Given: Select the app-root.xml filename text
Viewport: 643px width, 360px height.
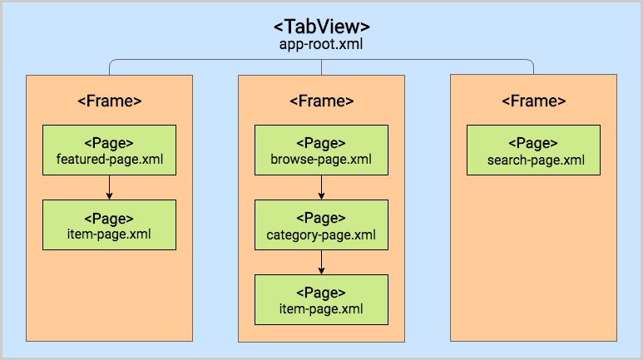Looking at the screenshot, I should tap(322, 45).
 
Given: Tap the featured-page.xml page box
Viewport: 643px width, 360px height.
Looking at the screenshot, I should tap(109, 150).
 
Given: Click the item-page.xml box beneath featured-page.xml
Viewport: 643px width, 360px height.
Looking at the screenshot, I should tap(109, 224).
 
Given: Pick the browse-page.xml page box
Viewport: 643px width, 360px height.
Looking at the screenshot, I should tap(321, 150).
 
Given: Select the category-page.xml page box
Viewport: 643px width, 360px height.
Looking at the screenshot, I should tap(321, 224).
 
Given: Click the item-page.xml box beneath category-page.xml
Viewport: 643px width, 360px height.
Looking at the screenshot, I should tap(321, 299).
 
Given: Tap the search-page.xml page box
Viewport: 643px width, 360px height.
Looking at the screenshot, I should tap(533, 150).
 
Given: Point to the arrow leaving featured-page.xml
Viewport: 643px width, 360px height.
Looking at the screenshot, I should tap(109, 187).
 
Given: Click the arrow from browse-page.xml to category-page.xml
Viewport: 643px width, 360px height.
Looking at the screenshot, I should tap(321, 187).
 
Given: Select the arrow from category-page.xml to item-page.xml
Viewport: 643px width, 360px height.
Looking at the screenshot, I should tap(321, 262).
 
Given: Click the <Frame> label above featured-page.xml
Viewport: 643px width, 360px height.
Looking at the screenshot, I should tap(109, 101).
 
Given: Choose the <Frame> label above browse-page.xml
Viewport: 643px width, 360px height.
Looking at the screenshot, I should tap(321, 101).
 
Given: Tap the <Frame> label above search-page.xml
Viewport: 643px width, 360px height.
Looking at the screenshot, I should tap(533, 101).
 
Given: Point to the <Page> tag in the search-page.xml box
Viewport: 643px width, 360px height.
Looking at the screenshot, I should tap(533, 143).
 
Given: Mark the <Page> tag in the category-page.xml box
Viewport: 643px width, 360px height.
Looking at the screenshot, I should tap(321, 218).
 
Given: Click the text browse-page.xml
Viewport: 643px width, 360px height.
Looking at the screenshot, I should tap(321, 159).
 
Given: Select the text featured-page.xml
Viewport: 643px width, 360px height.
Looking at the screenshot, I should tap(109, 159).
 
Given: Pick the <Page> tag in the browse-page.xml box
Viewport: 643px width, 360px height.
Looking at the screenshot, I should tap(321, 143).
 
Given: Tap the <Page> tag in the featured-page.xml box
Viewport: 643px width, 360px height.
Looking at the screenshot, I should tap(109, 143).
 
